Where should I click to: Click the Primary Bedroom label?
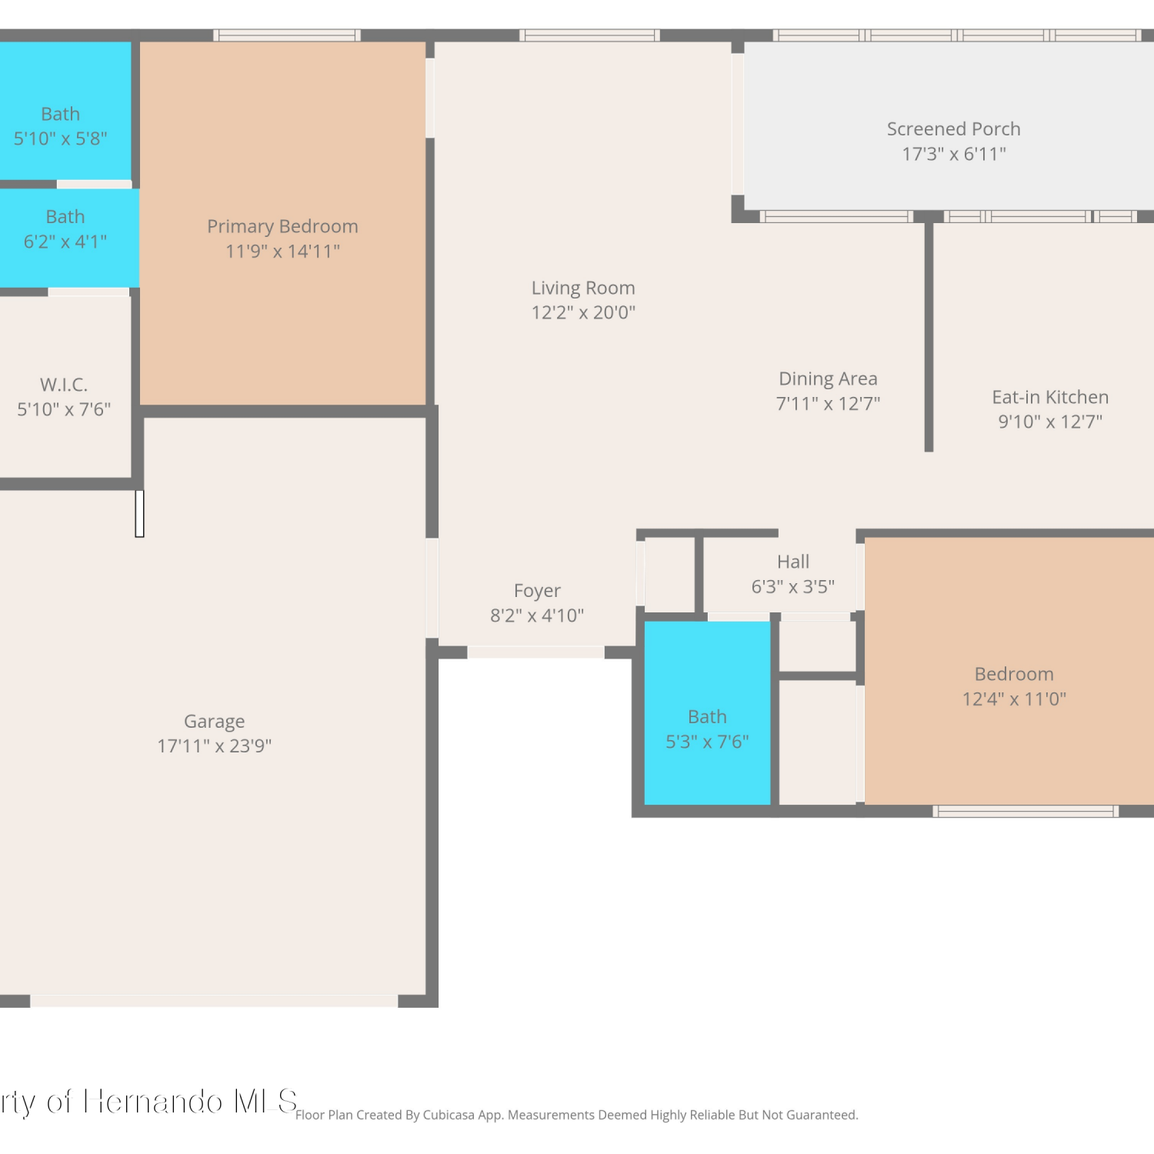[282, 226]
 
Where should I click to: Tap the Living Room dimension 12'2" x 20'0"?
[583, 312]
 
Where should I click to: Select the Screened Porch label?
[954, 128]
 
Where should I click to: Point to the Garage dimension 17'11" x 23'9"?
[215, 745]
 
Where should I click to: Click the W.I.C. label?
[64, 384]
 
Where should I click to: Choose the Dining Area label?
[828, 379]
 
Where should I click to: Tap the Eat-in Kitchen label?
[1050, 397]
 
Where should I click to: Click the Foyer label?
[537, 591]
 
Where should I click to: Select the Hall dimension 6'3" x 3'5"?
[793, 587]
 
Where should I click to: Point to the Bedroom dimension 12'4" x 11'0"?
[1014, 699]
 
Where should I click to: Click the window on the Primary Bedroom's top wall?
[287, 35]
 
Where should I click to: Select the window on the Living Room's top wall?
[589, 35]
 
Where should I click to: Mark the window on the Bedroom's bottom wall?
[1026, 811]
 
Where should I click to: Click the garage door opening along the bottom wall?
[214, 1001]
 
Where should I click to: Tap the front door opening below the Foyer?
[535, 652]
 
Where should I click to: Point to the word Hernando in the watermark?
[154, 1102]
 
